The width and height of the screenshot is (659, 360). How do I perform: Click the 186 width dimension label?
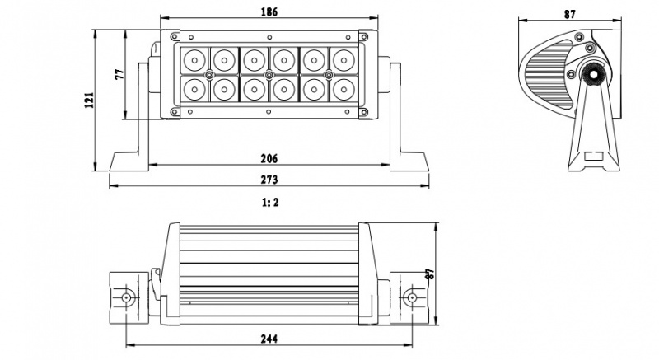(x=269, y=12)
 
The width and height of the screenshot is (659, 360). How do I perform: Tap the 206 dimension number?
(x=269, y=158)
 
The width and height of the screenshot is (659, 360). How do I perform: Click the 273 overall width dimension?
(x=269, y=180)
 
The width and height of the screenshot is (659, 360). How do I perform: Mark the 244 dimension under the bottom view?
(x=269, y=338)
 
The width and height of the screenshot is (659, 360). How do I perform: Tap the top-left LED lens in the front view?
(x=194, y=59)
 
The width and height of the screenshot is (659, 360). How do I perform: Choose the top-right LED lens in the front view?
(x=342, y=59)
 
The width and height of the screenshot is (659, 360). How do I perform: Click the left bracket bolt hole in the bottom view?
(x=126, y=297)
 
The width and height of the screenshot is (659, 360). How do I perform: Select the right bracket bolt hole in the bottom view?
(x=409, y=297)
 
